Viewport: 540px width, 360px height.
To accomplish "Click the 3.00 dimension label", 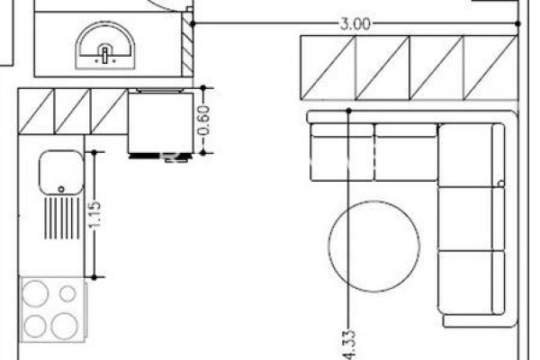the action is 355,24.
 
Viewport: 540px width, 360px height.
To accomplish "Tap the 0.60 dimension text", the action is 204,121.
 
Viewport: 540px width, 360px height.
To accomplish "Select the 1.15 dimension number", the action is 95,214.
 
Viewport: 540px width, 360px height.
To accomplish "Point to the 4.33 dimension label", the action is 349,346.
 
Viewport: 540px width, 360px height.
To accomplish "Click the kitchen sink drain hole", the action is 61,189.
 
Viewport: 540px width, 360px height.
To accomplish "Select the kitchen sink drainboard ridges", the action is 62,219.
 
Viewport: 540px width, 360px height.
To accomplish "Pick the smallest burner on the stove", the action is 67,293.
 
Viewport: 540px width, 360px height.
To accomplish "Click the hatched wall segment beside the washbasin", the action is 187,43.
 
